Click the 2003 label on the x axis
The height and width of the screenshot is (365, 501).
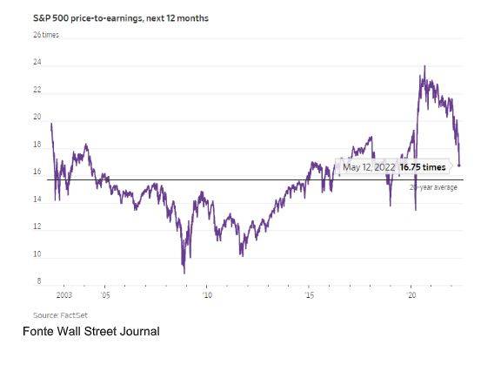[x=64, y=296]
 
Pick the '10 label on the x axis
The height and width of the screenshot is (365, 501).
[x=206, y=296]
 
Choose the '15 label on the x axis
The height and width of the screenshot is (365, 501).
[x=309, y=296]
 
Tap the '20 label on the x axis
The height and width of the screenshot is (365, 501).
[x=412, y=296]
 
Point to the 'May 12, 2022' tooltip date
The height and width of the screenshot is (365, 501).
[x=369, y=166]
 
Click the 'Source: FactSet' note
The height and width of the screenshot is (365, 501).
[x=61, y=314]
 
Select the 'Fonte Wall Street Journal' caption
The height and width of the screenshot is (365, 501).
[x=90, y=331]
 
